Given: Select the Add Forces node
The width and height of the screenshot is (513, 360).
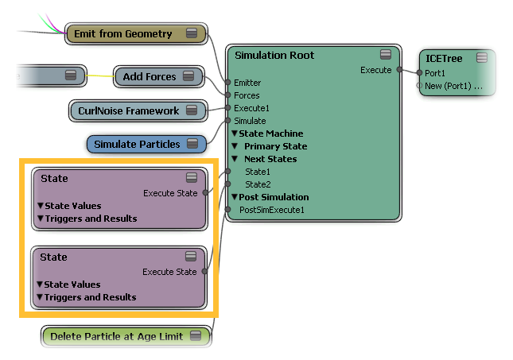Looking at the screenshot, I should tap(150, 77).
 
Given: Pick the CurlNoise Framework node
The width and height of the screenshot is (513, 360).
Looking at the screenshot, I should tap(128, 111).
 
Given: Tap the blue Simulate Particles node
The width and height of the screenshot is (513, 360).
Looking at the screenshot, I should tap(137, 145).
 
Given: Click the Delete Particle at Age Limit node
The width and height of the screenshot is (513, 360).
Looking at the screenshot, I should tap(115, 337).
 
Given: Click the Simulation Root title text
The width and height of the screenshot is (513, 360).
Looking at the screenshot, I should tap(274, 56).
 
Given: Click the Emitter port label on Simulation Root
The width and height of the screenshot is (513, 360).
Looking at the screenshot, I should tap(247, 83).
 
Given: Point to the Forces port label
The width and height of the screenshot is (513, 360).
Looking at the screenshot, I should tap(247, 95).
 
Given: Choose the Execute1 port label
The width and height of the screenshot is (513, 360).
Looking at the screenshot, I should tap(251, 108).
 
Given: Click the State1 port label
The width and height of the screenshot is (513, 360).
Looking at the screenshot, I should tap(258, 172).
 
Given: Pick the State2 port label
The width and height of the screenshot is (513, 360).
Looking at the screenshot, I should tap(258, 184).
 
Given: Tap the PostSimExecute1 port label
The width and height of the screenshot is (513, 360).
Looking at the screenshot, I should tap(272, 210).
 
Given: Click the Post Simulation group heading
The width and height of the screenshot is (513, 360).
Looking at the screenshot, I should tap(274, 197).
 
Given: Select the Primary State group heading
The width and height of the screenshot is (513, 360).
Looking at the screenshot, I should tap(275, 146).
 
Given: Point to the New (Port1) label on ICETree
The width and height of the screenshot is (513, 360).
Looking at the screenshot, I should tap(454, 86).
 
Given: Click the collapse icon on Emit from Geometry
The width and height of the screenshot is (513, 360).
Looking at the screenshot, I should tap(191, 33).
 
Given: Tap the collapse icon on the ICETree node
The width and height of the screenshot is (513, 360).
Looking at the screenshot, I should tap(481, 58).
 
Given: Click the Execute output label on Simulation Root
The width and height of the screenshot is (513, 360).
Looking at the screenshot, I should tap(376, 70).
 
